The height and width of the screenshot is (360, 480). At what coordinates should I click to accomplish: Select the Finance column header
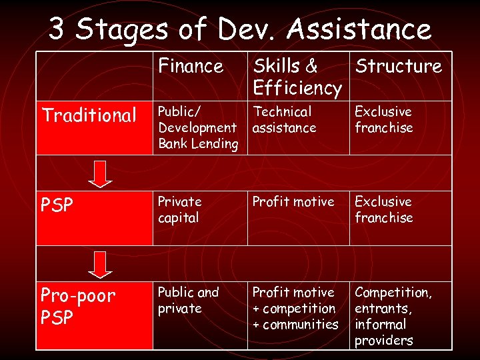pos(191,66)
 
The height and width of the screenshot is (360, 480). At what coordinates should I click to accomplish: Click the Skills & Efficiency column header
pos(296,77)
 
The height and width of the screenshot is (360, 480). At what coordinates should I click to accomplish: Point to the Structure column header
pos(398,66)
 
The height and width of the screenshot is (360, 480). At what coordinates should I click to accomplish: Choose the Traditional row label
pos(89,115)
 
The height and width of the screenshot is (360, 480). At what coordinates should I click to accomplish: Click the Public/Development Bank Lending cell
pos(197,127)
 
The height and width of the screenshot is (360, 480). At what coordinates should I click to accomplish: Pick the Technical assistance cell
pos(285,119)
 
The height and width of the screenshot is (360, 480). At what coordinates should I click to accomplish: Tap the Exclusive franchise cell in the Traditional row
pos(383,119)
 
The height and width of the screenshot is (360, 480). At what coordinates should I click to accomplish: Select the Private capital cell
pos(179,209)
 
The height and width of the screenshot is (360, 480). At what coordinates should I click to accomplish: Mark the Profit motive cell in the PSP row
pos(293,201)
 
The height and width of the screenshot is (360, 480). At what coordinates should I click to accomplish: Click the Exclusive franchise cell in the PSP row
pos(383,209)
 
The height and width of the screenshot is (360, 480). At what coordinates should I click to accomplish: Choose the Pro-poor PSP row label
pos(78,307)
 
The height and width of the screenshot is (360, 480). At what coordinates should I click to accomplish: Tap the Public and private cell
pos(188,300)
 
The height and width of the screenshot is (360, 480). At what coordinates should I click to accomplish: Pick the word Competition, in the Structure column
pos(393,293)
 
